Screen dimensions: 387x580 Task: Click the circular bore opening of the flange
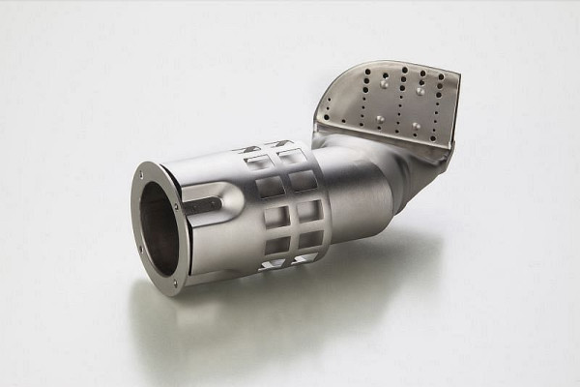click(159, 227)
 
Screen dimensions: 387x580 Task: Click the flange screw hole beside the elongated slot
click(177, 204)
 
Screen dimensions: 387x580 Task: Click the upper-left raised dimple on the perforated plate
click(386, 85)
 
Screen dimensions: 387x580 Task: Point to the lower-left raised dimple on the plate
click(380, 120)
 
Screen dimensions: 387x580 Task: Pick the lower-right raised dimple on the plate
click(416, 126)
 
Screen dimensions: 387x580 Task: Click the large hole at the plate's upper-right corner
click(440, 75)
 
